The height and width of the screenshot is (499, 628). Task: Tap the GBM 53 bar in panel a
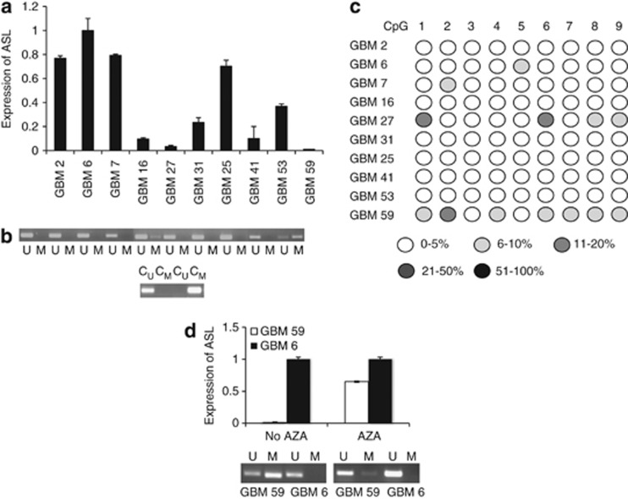tap(284, 128)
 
